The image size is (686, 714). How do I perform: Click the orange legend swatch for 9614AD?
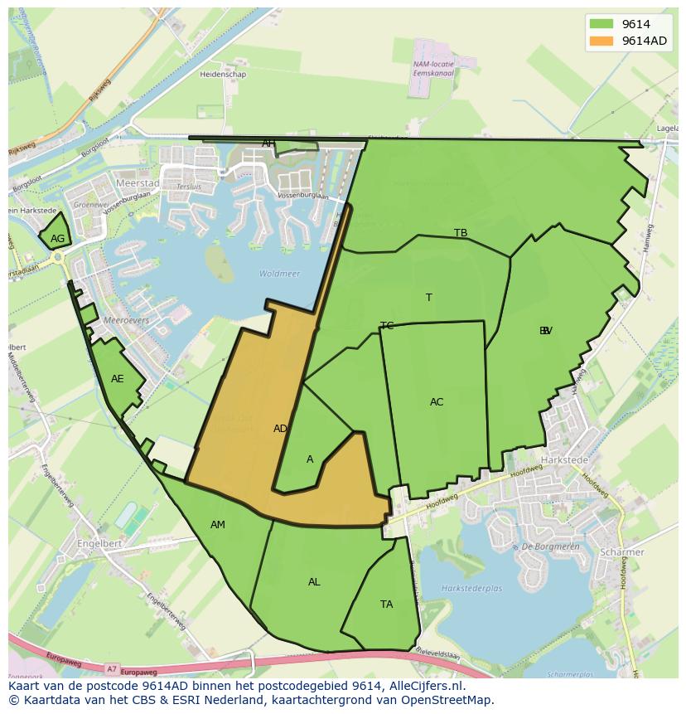tap(601, 41)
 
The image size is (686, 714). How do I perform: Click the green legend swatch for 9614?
tap(601, 24)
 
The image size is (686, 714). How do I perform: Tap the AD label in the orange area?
tap(281, 429)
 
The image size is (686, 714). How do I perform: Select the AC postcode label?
tap(437, 402)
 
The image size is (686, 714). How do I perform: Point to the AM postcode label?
tap(218, 525)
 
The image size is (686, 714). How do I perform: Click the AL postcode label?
tap(314, 582)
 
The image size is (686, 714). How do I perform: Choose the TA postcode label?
tap(387, 605)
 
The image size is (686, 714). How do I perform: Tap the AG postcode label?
tap(57, 239)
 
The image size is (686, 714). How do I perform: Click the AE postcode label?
tap(118, 379)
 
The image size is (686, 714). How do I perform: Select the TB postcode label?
tap(461, 233)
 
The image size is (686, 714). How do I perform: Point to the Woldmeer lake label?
tap(279, 274)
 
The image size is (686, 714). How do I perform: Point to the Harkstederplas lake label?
tap(471, 589)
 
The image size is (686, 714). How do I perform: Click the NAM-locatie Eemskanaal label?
tap(433, 68)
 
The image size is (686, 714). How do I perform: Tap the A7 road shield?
tap(112, 668)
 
